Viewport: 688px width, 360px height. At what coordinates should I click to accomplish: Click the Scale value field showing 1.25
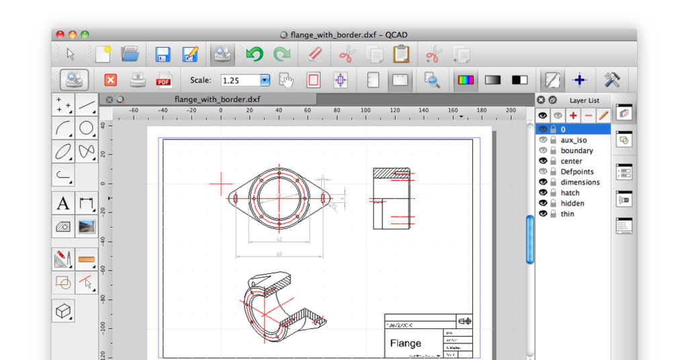tap(240, 81)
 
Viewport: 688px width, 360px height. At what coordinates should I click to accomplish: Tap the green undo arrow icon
tap(254, 54)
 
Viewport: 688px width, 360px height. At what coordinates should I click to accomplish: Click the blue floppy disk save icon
tap(163, 54)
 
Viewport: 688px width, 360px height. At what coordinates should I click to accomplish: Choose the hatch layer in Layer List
tap(570, 193)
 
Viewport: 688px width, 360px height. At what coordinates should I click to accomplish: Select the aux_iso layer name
tap(573, 140)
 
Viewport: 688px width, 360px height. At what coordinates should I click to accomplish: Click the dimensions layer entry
tap(580, 182)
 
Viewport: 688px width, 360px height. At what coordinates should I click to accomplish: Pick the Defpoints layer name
tap(577, 172)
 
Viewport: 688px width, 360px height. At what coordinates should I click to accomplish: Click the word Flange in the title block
tap(406, 343)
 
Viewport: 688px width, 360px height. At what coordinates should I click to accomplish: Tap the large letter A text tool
tap(63, 204)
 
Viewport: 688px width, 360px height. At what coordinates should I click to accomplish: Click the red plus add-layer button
tap(573, 116)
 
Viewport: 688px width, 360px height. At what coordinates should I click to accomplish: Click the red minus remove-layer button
tap(589, 116)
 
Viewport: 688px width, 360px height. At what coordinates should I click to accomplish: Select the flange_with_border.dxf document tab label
tap(217, 99)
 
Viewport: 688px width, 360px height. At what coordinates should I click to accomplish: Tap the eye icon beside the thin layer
tap(543, 214)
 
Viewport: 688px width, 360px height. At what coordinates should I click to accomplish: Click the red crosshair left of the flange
tap(220, 183)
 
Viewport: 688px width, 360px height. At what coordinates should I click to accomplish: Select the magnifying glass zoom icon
tap(432, 81)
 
